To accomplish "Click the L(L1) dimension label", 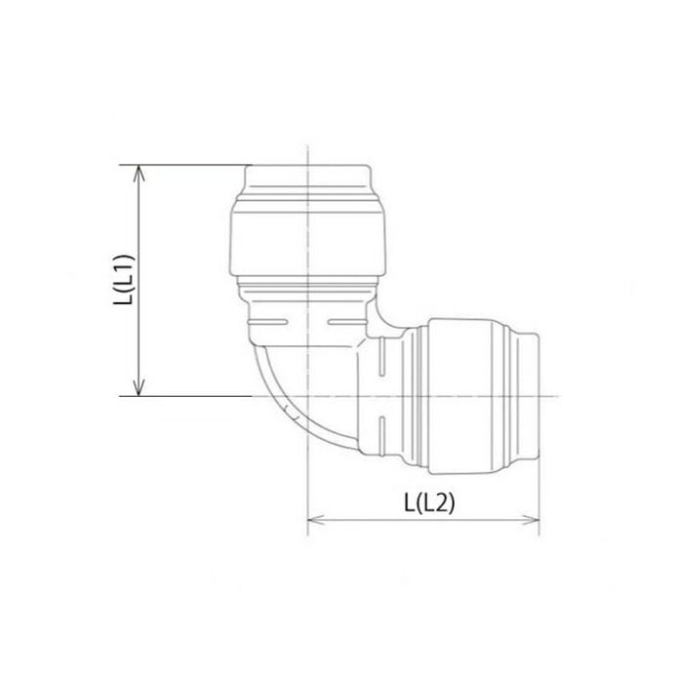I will (x=122, y=280).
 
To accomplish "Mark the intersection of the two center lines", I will (x=308, y=396).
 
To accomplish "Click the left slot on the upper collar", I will (x=269, y=321).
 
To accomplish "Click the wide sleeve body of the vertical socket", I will (x=308, y=239).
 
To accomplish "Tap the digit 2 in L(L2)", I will (x=444, y=502).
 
